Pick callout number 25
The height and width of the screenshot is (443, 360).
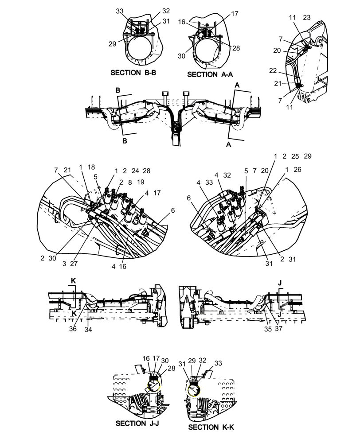tap(296, 156)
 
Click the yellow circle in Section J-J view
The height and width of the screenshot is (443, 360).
tap(153, 387)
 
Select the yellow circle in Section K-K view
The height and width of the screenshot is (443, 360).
tap(193, 389)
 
